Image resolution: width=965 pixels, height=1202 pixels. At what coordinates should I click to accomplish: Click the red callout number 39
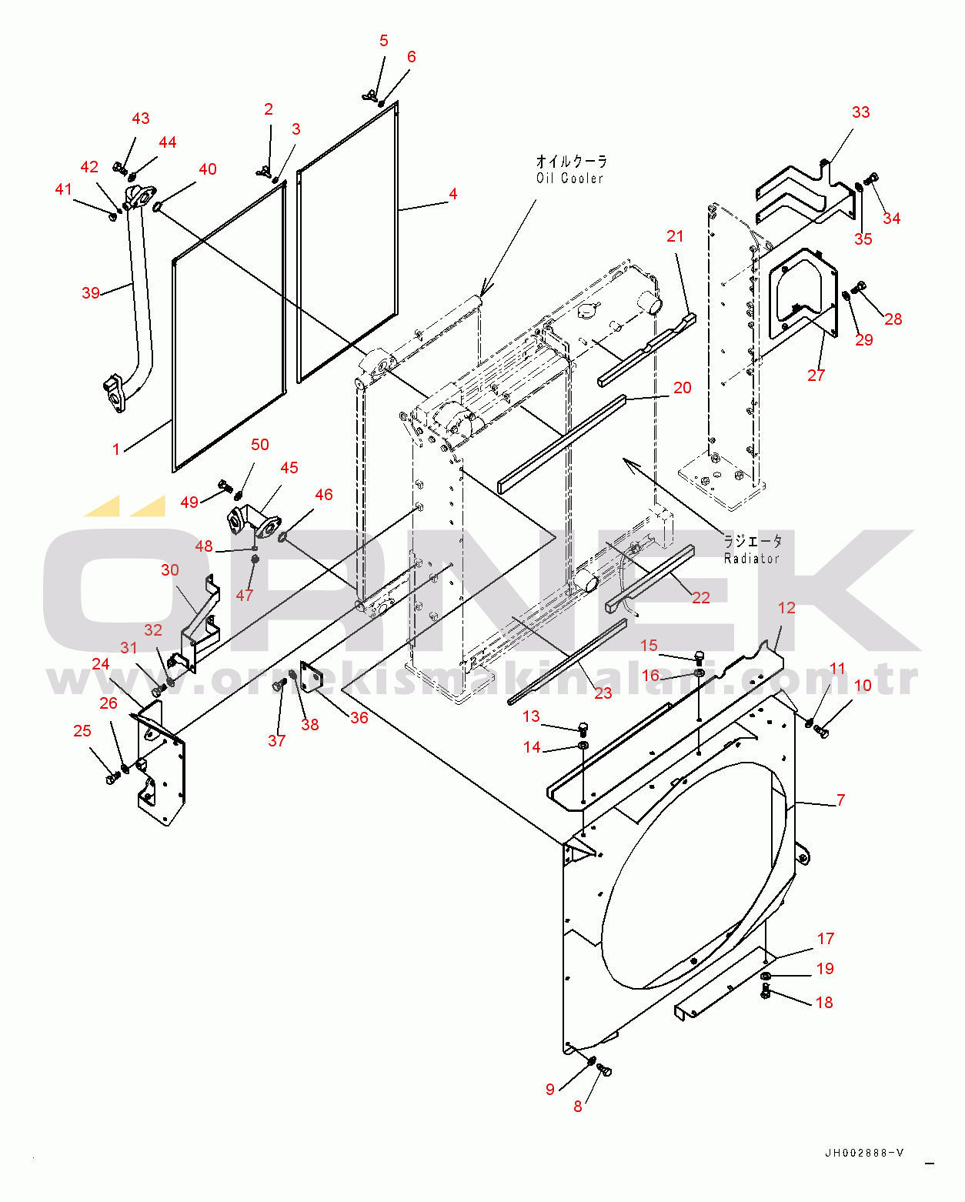tap(91, 292)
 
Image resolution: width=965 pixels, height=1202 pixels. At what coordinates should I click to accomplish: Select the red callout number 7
tap(840, 800)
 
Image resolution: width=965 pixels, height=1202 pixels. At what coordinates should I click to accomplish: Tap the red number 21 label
tap(675, 236)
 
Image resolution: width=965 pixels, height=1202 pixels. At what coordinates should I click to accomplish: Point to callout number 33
tap(860, 112)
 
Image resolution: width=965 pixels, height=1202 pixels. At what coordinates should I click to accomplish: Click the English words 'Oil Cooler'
tap(569, 179)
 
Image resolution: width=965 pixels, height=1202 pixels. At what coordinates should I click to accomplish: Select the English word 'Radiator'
tap(751, 558)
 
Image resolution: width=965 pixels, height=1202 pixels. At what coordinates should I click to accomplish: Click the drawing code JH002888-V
tap(864, 1152)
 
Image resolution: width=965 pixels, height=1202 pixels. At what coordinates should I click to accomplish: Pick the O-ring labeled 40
tap(157, 207)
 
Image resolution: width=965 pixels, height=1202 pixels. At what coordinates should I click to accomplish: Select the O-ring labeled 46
tap(282, 537)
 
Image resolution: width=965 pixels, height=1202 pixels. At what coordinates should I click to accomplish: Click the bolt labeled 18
tap(766, 992)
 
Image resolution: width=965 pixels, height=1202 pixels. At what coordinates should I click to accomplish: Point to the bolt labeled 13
tap(583, 728)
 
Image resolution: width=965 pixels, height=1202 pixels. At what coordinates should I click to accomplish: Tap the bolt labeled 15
tap(699, 657)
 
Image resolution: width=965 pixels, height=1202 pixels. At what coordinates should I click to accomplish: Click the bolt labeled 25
tap(112, 777)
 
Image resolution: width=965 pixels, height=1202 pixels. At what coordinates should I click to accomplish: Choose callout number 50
tap(260, 445)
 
